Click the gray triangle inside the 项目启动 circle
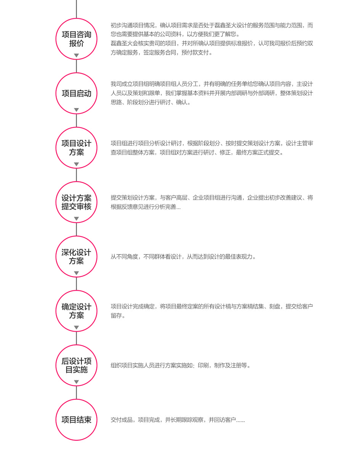pyautogui.click(x=76, y=110)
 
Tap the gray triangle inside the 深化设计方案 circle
pyautogui.click(x=76, y=273)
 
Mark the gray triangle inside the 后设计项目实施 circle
pyautogui.click(x=76, y=382)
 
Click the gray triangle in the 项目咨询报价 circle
pyautogui.click(x=76, y=55)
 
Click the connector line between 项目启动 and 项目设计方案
pyautogui.click(x=76, y=121)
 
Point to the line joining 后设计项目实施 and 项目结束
pyautogui.click(x=76, y=393)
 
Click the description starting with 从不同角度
pyautogui.click(x=183, y=256)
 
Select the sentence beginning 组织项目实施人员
pyautogui.click(x=181, y=366)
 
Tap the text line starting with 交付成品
pyautogui.click(x=178, y=420)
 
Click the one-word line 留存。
pyautogui.click(x=118, y=316)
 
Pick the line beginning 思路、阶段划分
pyautogui.click(x=151, y=102)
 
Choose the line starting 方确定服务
pyautogui.click(x=162, y=53)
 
